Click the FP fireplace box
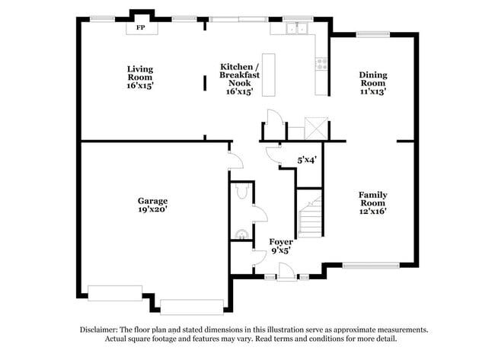tap(141, 27)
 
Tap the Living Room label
tap(140, 77)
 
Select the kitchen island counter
tap(267, 74)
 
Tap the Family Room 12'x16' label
tap(372, 202)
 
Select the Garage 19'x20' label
tap(152, 205)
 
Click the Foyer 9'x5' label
tap(281, 245)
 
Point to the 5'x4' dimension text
tap(306, 160)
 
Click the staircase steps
tap(310, 215)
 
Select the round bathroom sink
tap(241, 234)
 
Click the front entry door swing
tap(285, 270)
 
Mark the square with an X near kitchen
tap(315, 128)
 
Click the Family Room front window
tap(370, 266)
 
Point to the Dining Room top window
tap(373, 33)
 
